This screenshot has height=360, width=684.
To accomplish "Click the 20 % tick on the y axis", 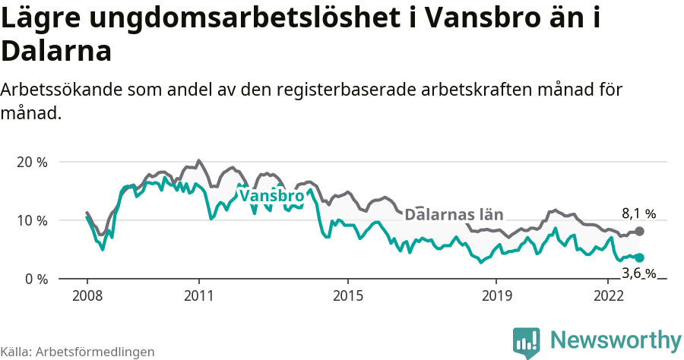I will click(31, 162).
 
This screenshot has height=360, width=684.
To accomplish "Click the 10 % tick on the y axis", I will click(31, 220).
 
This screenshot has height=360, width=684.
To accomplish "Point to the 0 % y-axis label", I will click(35, 279).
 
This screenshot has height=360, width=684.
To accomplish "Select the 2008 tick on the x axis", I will click(87, 295).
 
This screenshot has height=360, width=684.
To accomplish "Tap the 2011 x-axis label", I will click(198, 295).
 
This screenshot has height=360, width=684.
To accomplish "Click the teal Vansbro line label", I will click(271, 196).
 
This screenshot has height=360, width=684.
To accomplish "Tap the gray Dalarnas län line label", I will click(454, 214).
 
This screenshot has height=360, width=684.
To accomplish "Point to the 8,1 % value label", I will click(638, 214).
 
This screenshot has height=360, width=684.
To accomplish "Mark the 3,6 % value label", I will click(638, 273).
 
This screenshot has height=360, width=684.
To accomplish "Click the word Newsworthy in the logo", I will click(616, 339).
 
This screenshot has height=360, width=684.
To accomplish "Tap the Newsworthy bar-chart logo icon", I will click(526, 343).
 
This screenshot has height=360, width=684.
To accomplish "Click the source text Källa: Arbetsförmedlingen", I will click(78, 352).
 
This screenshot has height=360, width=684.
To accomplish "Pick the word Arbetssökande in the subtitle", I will click(60, 90).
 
